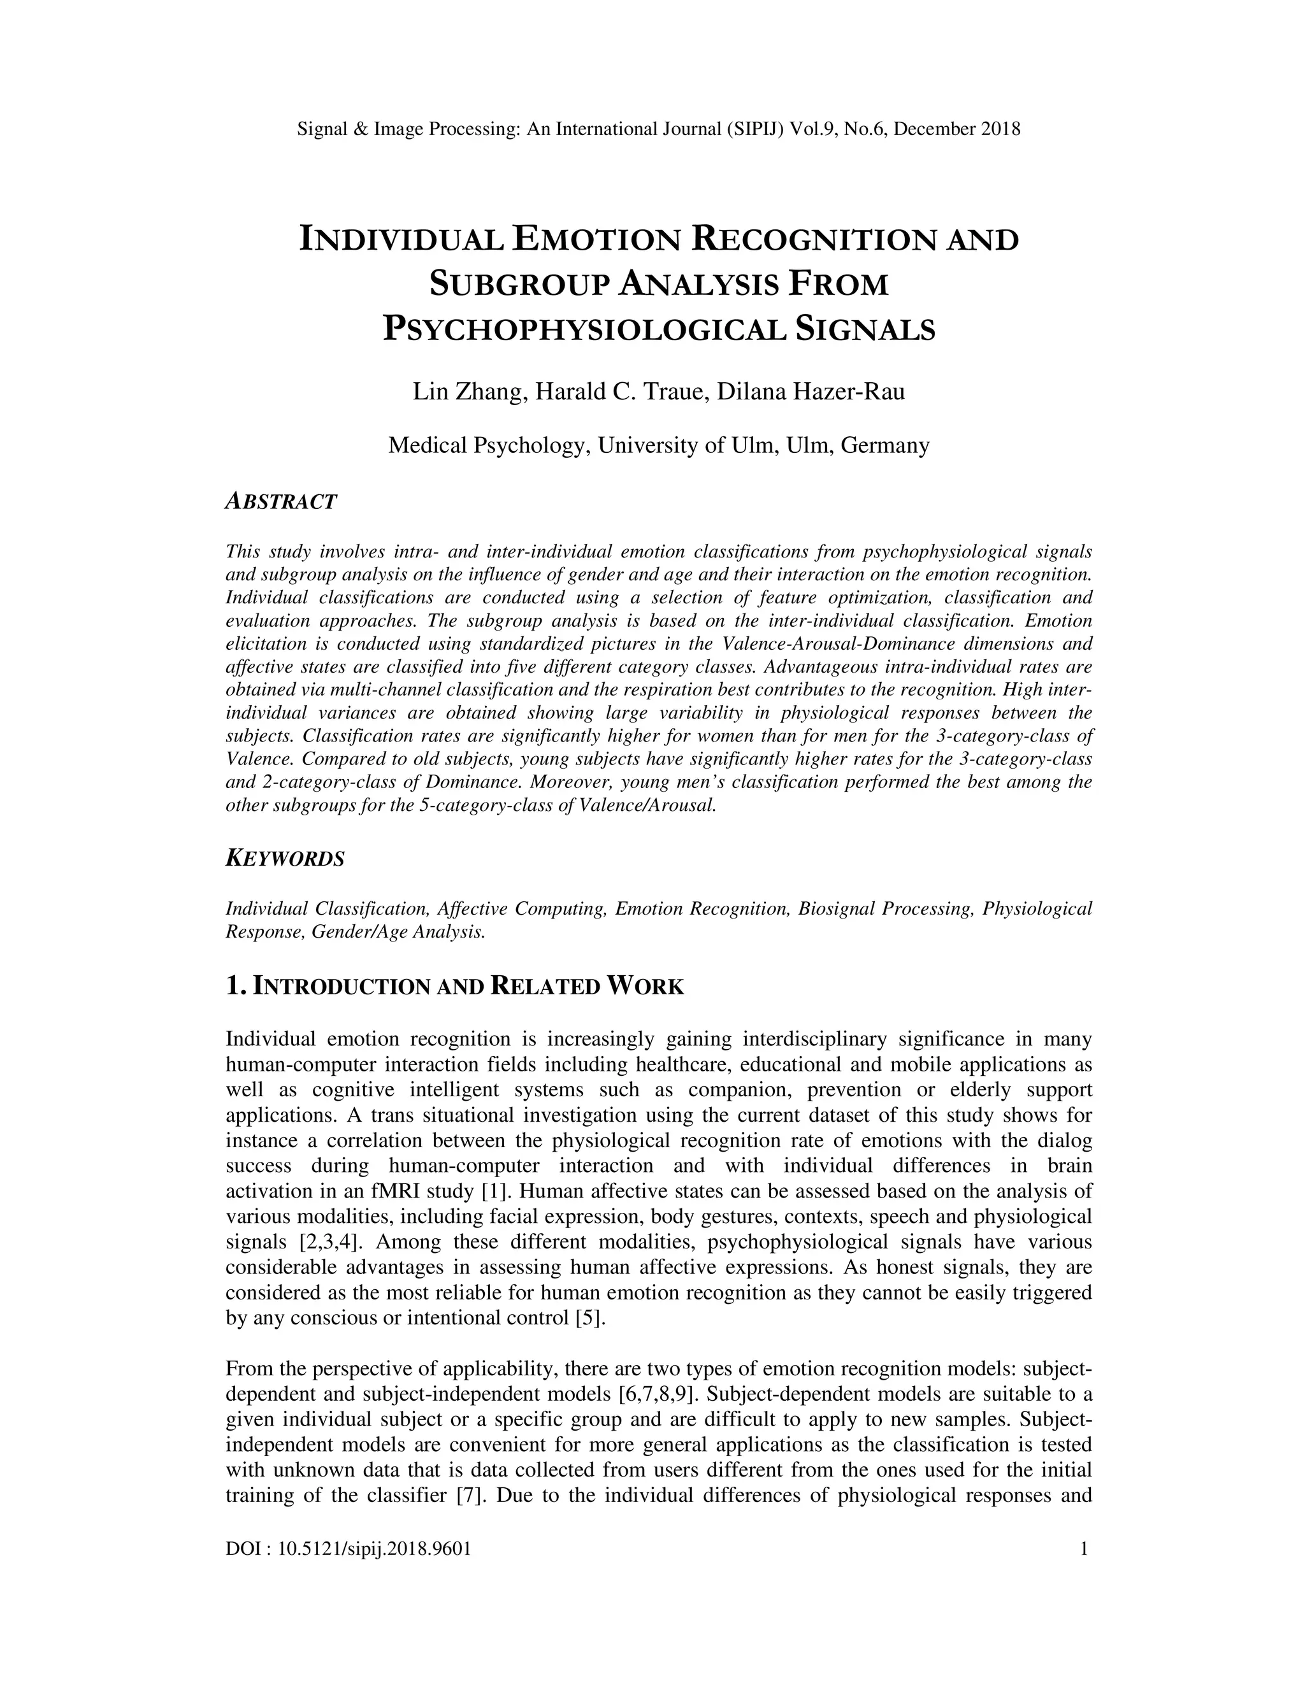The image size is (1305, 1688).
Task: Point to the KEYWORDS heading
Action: pyautogui.click(x=284, y=859)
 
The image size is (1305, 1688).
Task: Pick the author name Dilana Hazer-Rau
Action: pyautogui.click(x=811, y=392)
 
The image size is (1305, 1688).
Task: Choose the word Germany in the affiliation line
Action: pyautogui.click(x=884, y=445)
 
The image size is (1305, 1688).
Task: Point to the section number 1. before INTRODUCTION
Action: pyautogui.click(x=236, y=986)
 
